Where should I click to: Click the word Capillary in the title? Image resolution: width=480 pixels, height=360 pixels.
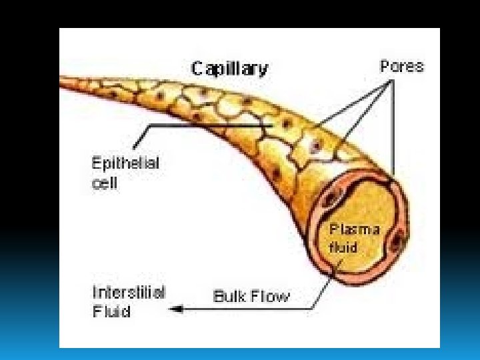pyautogui.click(x=230, y=69)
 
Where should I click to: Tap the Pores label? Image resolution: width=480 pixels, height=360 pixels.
pyautogui.click(x=401, y=67)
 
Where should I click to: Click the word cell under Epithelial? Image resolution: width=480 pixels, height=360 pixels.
pyautogui.click(x=104, y=183)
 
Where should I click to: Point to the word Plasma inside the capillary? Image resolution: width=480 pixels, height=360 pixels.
pyautogui.click(x=355, y=231)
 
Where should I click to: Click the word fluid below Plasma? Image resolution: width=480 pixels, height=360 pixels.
pyautogui.click(x=343, y=247)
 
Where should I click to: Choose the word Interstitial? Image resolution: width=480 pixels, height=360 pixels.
pyautogui.click(x=129, y=293)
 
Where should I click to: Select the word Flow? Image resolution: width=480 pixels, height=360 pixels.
pyautogui.click(x=270, y=297)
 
